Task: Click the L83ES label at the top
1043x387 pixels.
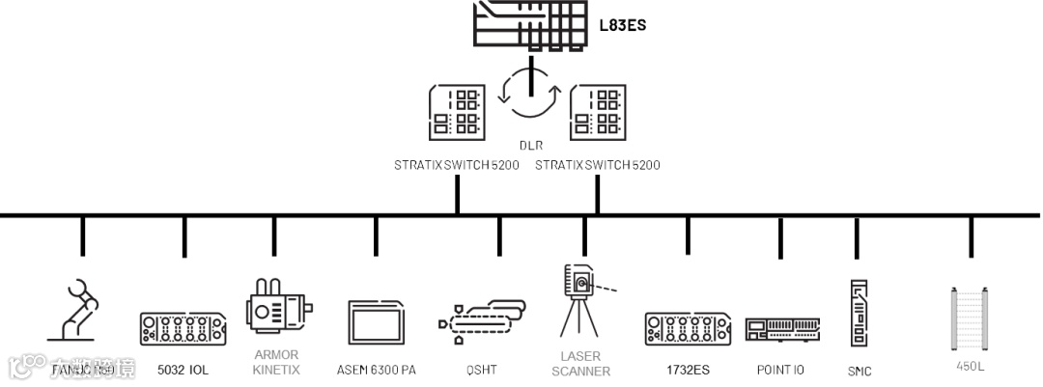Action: pyautogui.click(x=623, y=24)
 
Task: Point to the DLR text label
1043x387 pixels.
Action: pyautogui.click(x=530, y=145)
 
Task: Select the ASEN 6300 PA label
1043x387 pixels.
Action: pyautogui.click(x=377, y=370)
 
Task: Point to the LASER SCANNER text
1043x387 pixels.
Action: pyautogui.click(x=580, y=363)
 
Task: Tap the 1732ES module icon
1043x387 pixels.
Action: pyautogui.click(x=688, y=328)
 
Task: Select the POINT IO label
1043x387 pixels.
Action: pyautogui.click(x=780, y=370)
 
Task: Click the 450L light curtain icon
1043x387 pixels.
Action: pyautogui.click(x=971, y=318)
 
